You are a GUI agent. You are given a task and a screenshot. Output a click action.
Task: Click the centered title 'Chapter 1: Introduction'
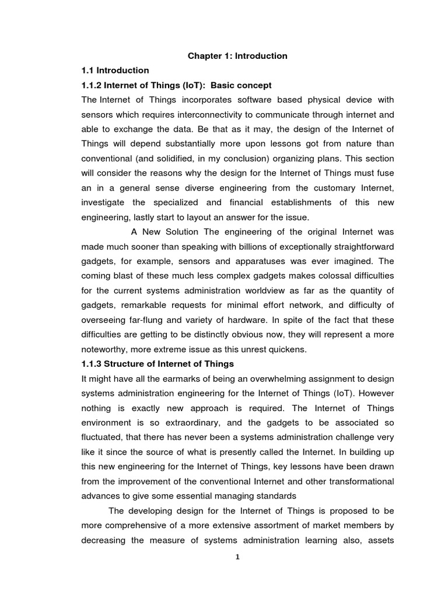(237, 56)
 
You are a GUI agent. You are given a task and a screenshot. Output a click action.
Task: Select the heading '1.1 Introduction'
(116, 71)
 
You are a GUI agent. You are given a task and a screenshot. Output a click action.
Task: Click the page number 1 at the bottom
(237, 557)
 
